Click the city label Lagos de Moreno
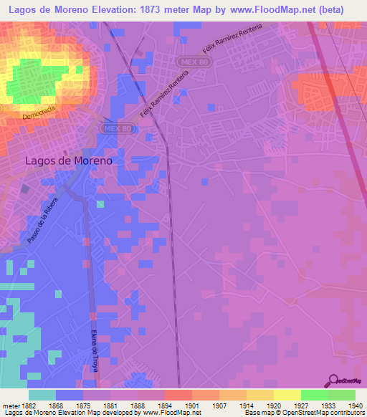pyautogui.click(x=69, y=161)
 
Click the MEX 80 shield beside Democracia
pyautogui.click(x=107, y=128)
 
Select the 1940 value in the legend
pyautogui.click(x=355, y=406)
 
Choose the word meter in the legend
pyautogui.click(x=10, y=406)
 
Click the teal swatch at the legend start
pyautogui.click(x=42, y=395)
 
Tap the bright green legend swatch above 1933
pyautogui.click(x=314, y=395)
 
